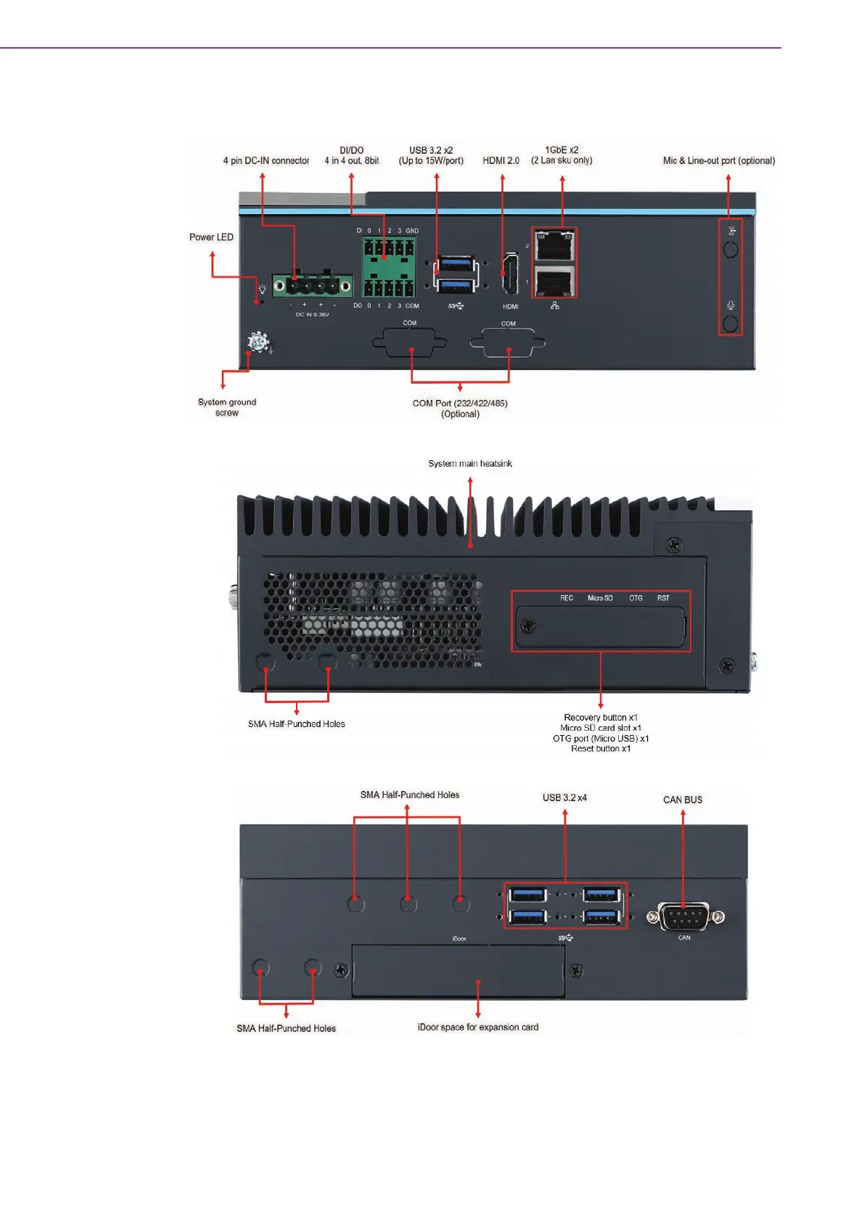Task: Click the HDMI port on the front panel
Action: point(510,275)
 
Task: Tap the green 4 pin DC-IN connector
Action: point(312,285)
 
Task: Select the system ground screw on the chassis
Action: point(258,342)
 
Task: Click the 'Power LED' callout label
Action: point(211,237)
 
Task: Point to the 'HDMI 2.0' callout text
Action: point(501,160)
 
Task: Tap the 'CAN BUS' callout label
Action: point(683,800)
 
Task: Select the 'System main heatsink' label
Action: point(470,464)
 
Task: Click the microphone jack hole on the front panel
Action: point(731,323)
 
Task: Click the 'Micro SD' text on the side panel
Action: point(600,598)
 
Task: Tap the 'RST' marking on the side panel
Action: point(663,598)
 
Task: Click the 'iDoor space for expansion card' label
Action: point(478,1027)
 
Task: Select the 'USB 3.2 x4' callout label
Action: point(564,797)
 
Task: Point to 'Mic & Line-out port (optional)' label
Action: point(719,160)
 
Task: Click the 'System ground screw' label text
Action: point(227,407)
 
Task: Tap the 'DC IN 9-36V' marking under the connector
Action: point(312,314)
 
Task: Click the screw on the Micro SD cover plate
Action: point(530,626)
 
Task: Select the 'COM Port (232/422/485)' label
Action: point(460,403)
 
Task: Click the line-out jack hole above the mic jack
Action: point(731,249)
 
